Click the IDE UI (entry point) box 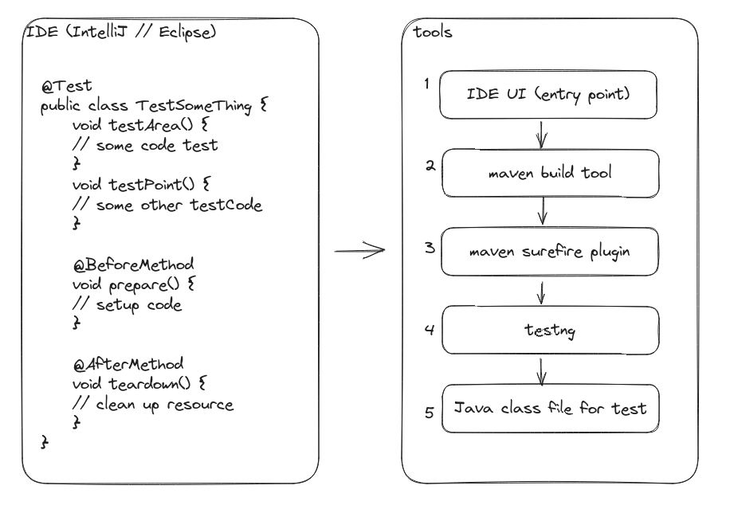click(549, 95)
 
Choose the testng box click(550, 331)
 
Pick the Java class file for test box click(550, 409)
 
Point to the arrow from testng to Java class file click(542, 371)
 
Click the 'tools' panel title click(433, 33)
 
